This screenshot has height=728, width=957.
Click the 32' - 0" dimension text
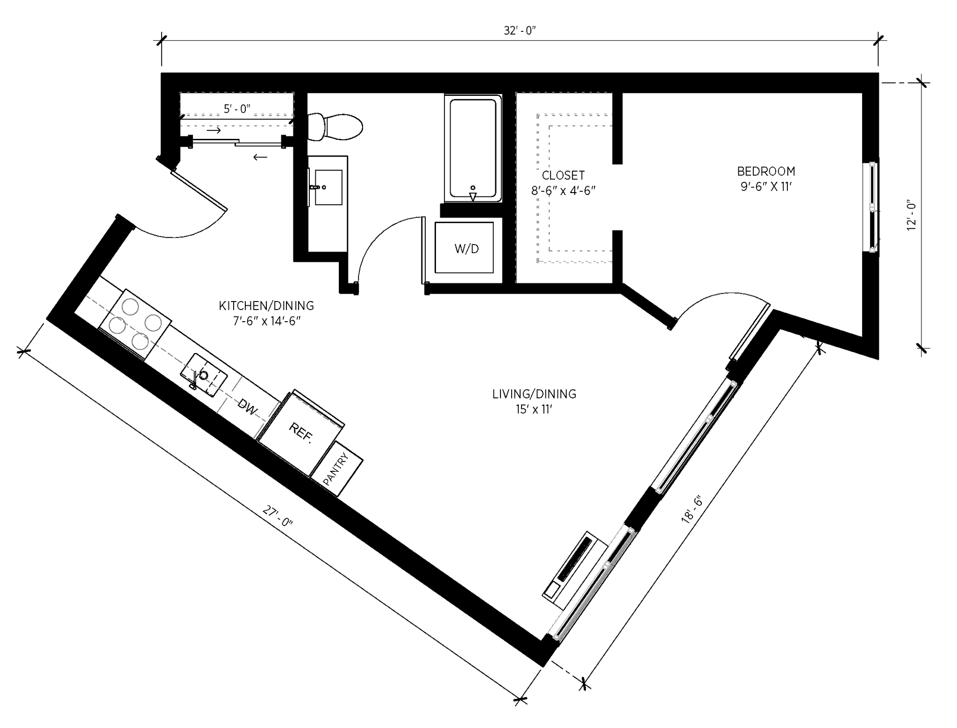tap(519, 31)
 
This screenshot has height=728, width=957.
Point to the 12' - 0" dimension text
tap(911, 216)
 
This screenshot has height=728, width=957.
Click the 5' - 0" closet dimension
tap(237, 108)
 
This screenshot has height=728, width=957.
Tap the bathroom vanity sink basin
tap(329, 187)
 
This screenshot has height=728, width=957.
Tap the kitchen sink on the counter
tap(204, 374)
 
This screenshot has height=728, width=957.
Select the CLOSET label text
tap(563, 175)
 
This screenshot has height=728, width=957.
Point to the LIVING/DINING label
tap(534, 394)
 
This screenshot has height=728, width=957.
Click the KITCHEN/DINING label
tap(266, 306)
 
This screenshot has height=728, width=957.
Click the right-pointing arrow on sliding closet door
tap(214, 130)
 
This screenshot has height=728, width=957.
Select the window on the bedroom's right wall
tap(872, 207)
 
